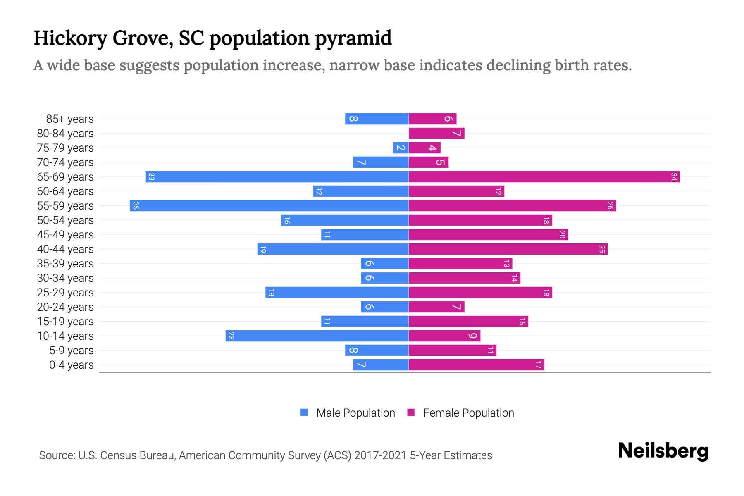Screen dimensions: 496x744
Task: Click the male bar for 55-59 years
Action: click(x=269, y=205)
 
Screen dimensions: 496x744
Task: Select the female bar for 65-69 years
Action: click(x=544, y=176)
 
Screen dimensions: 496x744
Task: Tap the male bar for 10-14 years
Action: click(x=317, y=336)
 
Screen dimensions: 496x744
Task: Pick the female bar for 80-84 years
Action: click(x=436, y=133)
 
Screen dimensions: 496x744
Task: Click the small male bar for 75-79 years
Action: click(x=401, y=148)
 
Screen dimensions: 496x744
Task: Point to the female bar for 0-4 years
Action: click(x=476, y=365)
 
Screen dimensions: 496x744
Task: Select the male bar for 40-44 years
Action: click(x=333, y=249)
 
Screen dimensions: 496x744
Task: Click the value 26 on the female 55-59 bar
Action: click(x=610, y=205)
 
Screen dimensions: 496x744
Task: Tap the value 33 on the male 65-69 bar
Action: click(x=152, y=176)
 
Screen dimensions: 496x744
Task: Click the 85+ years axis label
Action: click(x=69, y=119)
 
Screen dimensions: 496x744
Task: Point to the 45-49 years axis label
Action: click(x=65, y=235)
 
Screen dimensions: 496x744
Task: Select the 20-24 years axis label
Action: click(x=65, y=307)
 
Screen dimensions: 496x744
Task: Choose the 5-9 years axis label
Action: click(x=71, y=351)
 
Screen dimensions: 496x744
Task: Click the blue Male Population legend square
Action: click(x=304, y=413)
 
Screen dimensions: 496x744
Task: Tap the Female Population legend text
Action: click(x=468, y=413)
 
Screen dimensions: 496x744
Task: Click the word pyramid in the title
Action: click(x=353, y=38)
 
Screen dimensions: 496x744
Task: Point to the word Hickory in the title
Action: click(x=70, y=38)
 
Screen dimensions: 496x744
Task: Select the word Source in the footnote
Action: click(x=56, y=455)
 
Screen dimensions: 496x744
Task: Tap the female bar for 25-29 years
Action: click(x=480, y=292)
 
